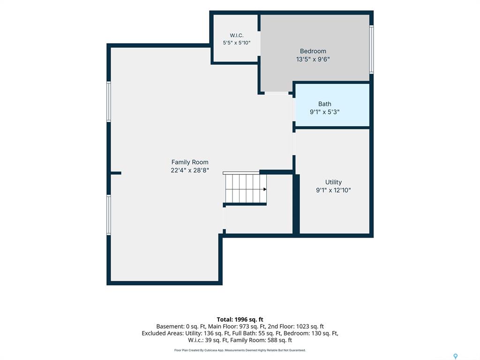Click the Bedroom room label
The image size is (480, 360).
click(x=313, y=51)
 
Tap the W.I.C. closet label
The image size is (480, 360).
click(x=237, y=36)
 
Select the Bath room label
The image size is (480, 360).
click(x=324, y=104)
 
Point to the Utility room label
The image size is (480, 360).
click(x=333, y=182)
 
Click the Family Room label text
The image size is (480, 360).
click(x=190, y=162)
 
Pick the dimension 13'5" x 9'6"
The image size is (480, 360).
click(x=313, y=60)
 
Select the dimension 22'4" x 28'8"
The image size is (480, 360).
click(x=190, y=170)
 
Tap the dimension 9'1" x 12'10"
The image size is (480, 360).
click(x=333, y=190)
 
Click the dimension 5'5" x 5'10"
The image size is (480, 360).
click(x=237, y=43)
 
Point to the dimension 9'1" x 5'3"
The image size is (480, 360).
click(x=324, y=112)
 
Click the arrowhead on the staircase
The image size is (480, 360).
click(x=265, y=189)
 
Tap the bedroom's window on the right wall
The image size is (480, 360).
click(x=371, y=50)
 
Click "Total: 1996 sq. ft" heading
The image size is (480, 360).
click(x=240, y=320)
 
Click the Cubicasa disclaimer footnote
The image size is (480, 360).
click(x=240, y=350)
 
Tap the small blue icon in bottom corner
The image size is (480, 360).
click(x=456, y=356)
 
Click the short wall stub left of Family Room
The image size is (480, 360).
click(x=116, y=173)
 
